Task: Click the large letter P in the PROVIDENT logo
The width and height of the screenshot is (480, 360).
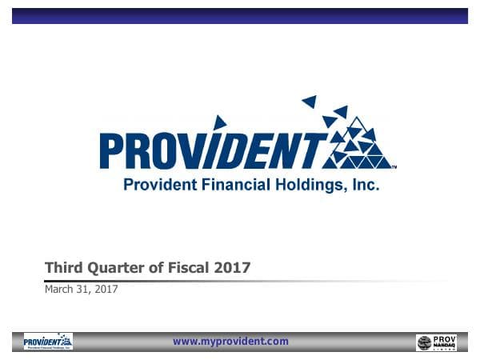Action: pyautogui.click(x=113, y=151)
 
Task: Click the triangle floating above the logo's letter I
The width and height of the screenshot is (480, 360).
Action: pyautogui.click(x=219, y=122)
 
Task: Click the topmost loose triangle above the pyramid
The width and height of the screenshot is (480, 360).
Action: pyautogui.click(x=309, y=102)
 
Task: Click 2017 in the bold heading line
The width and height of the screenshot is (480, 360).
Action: pyautogui.click(x=232, y=268)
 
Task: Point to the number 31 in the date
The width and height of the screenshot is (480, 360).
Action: pyautogui.click(x=86, y=290)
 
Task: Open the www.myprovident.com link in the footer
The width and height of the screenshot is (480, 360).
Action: pyautogui.click(x=230, y=342)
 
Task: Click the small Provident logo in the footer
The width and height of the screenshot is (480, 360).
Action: pyautogui.click(x=48, y=342)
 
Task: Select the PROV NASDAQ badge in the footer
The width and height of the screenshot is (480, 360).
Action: pyautogui.click(x=437, y=342)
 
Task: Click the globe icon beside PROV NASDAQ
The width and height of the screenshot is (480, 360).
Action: pyautogui.click(x=425, y=343)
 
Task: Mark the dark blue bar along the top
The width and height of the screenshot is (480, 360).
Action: pyautogui.click(x=240, y=16)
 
